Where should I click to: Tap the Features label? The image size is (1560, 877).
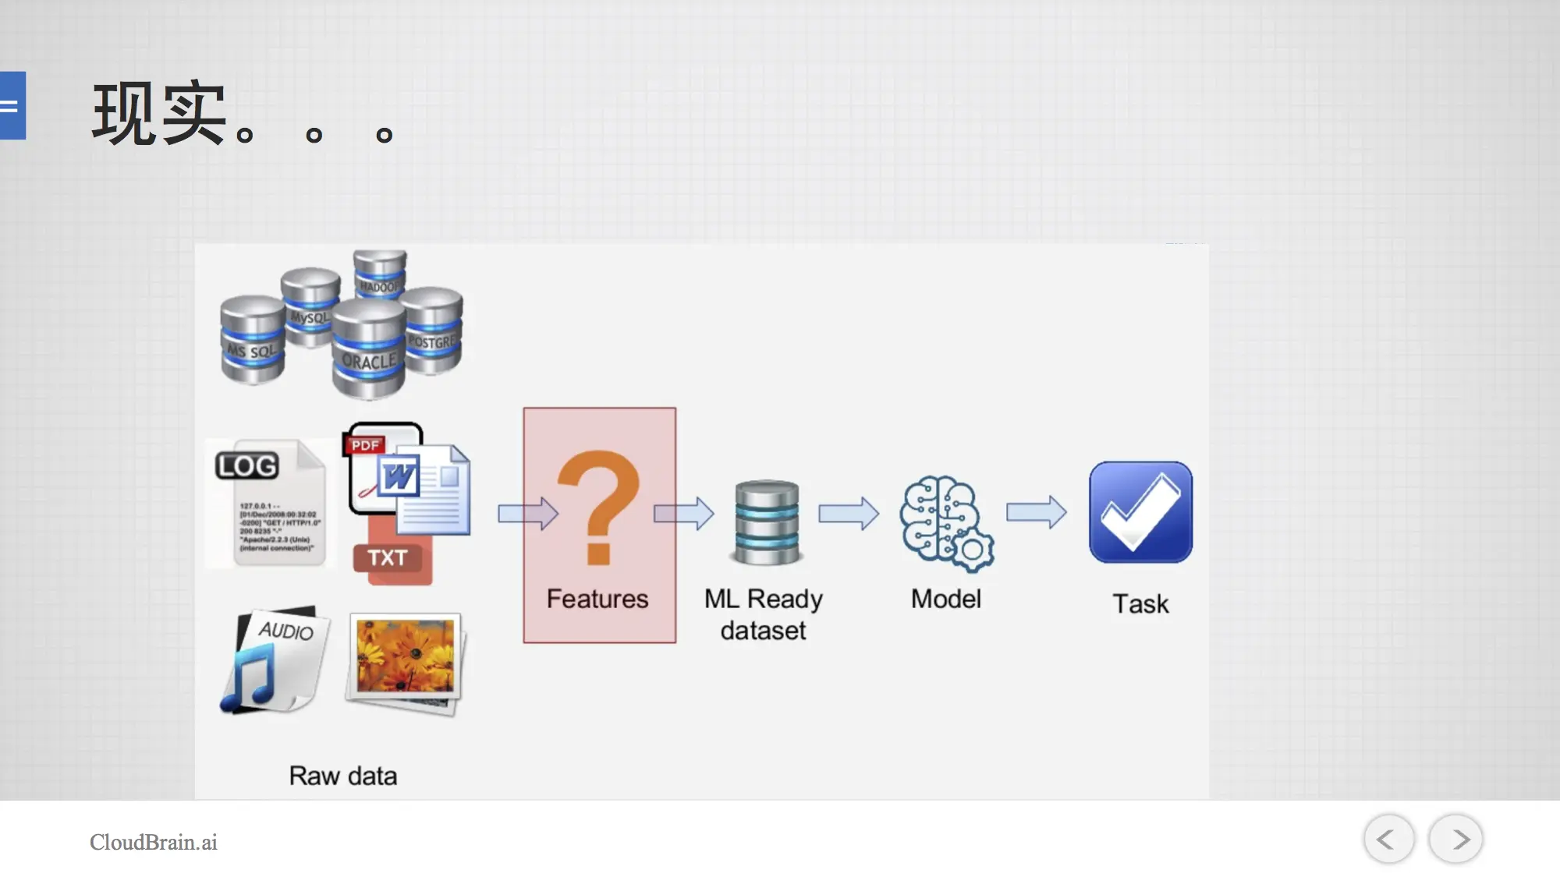pos(597,599)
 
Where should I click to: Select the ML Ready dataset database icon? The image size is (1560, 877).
pos(767,522)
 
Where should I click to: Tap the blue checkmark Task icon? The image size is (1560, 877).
pos(1140,512)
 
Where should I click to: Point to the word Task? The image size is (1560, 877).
pos(1140,604)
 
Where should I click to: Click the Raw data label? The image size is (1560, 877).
pos(343,776)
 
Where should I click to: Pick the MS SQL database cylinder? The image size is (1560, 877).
pos(252,341)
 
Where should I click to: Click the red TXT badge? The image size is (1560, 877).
pos(388,558)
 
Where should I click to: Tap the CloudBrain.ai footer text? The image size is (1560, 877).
pos(154,842)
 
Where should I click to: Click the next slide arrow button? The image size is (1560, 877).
pos(1455,839)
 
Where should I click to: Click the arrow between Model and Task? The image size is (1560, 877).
pos(1036,513)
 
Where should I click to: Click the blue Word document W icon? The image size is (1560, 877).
pos(399,476)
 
